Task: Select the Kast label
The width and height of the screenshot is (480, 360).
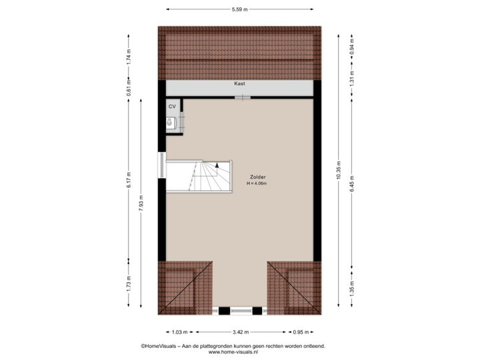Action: point(239,85)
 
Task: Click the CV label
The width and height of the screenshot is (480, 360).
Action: point(171,106)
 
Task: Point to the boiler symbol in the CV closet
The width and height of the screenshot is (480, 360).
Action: point(171,122)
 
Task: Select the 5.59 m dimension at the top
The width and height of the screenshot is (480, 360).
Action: point(239,9)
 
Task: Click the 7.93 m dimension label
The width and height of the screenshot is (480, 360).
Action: point(140,203)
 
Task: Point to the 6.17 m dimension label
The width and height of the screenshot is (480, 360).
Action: point(129,179)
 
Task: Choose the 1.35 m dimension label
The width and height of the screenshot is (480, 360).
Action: point(351,287)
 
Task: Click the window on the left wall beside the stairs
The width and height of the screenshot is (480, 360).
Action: point(161,165)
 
